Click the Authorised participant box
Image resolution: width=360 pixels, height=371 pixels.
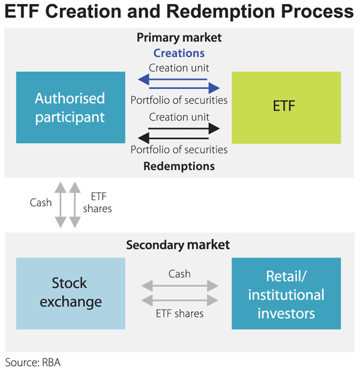pos(70,108)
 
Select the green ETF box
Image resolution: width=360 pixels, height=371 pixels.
pos(286,108)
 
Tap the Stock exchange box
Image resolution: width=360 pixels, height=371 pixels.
pos(70,293)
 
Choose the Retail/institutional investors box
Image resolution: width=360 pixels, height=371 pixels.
pos(286,293)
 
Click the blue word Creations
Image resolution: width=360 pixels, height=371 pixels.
pos(179,53)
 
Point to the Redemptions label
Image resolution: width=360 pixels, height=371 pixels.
pos(179,165)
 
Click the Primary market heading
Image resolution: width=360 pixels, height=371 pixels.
pos(179,38)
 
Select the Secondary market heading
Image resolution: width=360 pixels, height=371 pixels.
pos(178,245)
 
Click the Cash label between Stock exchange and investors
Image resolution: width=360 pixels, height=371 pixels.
pos(179,273)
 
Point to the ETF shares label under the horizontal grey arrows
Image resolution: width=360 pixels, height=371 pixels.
pos(179,313)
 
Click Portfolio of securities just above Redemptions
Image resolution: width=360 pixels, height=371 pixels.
pos(179,149)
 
